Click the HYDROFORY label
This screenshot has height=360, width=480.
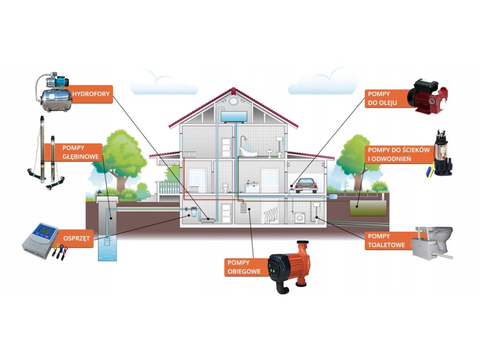(x=91, y=94)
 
